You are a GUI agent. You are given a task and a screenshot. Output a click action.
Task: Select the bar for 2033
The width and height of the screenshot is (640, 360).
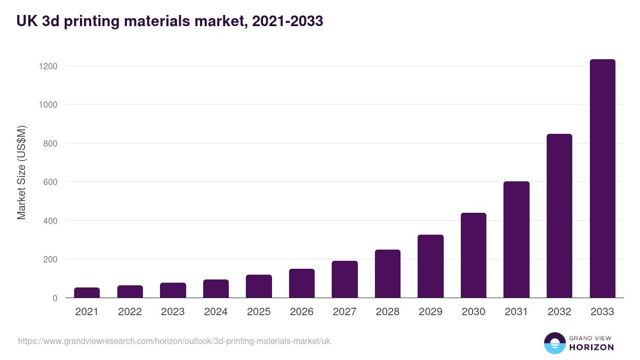602,179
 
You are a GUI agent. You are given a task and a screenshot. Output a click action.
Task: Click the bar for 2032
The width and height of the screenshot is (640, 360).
559,216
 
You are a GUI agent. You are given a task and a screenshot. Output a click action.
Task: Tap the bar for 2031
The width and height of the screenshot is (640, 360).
516,240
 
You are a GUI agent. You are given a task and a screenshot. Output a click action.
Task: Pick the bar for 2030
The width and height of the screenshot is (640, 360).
474,255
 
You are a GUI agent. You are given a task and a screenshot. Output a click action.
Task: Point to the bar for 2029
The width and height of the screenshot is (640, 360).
430,266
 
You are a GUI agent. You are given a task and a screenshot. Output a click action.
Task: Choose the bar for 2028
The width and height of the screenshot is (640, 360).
388,274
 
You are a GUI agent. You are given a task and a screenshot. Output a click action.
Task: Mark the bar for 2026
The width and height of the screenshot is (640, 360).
302,283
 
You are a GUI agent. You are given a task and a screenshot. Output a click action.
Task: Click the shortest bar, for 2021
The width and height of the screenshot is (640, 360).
87,293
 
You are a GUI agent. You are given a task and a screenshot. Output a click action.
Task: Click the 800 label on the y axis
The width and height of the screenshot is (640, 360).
50,143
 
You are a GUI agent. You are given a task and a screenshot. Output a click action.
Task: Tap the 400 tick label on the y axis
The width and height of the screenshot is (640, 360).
50,221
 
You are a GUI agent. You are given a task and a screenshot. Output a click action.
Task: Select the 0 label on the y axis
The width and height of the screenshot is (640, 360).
55,298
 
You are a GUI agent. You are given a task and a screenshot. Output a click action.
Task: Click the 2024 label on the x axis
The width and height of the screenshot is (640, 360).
216,312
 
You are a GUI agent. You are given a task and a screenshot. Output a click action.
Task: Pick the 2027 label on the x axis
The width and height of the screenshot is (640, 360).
345,312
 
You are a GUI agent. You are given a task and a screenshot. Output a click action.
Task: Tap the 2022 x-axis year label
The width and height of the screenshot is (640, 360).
130,312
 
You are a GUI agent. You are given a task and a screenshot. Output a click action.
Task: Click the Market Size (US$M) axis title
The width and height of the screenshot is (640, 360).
21,172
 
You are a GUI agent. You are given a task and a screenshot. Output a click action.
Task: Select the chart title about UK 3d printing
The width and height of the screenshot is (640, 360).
170,21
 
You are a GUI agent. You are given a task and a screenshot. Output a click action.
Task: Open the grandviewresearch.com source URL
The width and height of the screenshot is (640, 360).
174,341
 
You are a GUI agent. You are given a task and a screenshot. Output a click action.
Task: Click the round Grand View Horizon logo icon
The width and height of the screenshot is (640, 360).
554,343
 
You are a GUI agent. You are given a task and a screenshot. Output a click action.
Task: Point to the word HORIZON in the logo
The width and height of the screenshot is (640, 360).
591,347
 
